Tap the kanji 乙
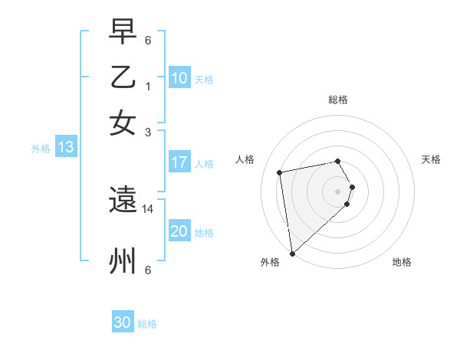122,77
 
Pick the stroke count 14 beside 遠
148,208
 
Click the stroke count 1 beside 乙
148,87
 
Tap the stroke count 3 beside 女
148,131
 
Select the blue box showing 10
179,78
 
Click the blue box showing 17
179,162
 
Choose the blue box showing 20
179,231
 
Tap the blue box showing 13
65,148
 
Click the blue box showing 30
123,323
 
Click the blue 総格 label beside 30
147,324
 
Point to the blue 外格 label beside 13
40,149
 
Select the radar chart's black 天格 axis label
431,159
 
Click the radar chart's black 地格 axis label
402,262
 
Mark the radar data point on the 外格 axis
292,254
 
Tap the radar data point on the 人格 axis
280,172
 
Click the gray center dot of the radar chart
338,191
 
